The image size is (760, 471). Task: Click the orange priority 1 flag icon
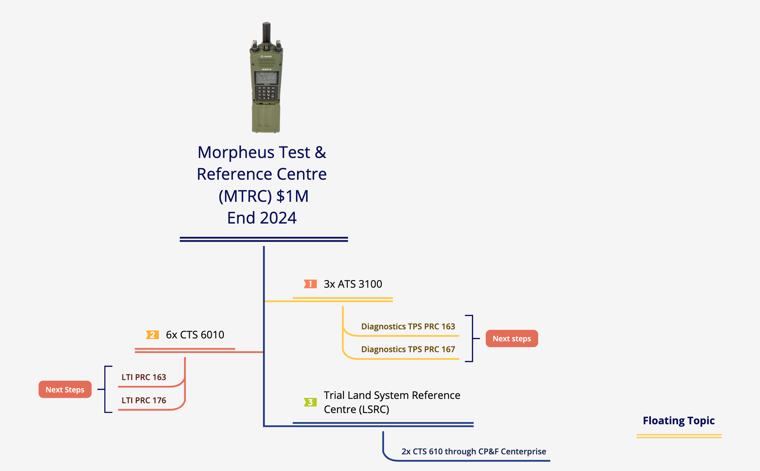(x=310, y=284)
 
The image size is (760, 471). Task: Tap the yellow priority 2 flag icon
(x=152, y=335)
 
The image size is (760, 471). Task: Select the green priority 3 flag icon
(x=310, y=402)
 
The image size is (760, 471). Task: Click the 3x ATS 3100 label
(x=353, y=284)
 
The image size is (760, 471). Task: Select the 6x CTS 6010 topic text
(x=195, y=335)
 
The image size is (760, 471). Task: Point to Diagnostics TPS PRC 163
(x=408, y=326)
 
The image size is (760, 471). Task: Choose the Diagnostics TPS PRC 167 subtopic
(x=408, y=349)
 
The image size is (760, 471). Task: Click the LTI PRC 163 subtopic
(x=144, y=377)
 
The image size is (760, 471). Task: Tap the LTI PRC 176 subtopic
(x=144, y=400)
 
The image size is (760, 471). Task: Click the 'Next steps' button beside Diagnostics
(x=512, y=338)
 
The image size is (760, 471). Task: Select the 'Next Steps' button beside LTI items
(x=65, y=389)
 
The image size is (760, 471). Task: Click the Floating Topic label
(x=679, y=421)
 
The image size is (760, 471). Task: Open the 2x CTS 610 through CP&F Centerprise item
(x=474, y=451)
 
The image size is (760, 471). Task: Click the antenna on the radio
(x=267, y=33)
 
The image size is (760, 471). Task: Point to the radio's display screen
(x=266, y=78)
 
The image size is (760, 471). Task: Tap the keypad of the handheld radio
(x=266, y=93)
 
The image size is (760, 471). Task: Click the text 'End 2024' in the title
(x=262, y=218)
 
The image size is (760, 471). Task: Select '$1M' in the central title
(x=292, y=196)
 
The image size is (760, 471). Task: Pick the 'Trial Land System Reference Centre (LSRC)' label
(x=392, y=402)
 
